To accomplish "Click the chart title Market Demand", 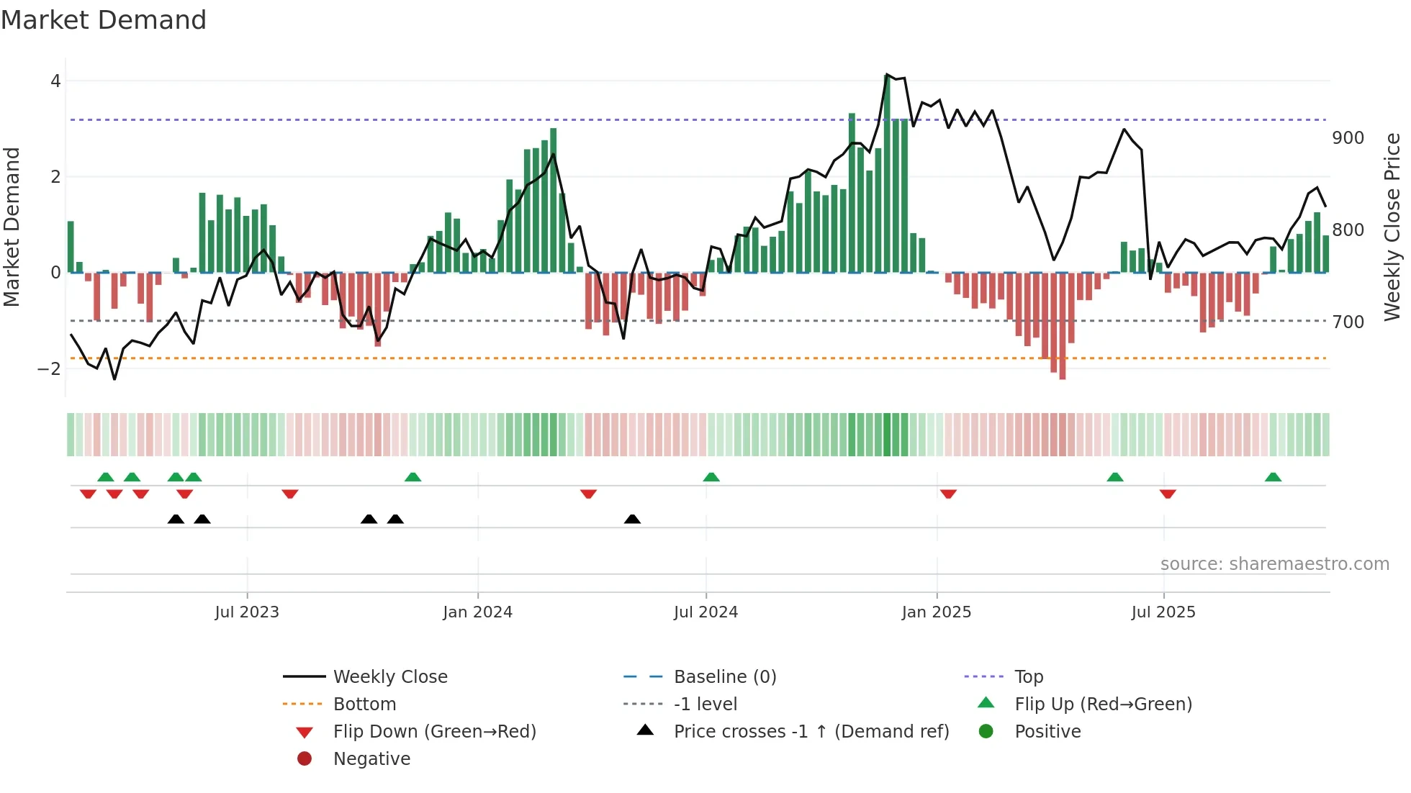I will pyautogui.click(x=104, y=20).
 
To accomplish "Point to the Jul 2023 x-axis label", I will pyautogui.click(x=247, y=612).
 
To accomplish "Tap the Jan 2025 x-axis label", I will pyautogui.click(x=936, y=612).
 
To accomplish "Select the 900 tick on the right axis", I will pyautogui.click(x=1348, y=138).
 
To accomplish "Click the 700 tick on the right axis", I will pyautogui.click(x=1348, y=322).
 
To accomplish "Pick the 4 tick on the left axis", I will pyautogui.click(x=55, y=81).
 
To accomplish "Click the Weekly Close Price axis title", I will pyautogui.click(x=1392, y=227).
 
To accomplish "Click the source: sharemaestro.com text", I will pyautogui.click(x=1274, y=564).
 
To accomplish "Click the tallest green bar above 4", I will pyautogui.click(x=887, y=173).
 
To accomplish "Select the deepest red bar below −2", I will pyautogui.click(x=1063, y=325).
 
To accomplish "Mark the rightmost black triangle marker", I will pyautogui.click(x=632, y=520).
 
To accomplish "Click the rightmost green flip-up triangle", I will pyautogui.click(x=1273, y=477).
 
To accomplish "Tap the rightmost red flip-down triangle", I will pyautogui.click(x=1168, y=494).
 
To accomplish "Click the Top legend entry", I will pyautogui.click(x=1028, y=677).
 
